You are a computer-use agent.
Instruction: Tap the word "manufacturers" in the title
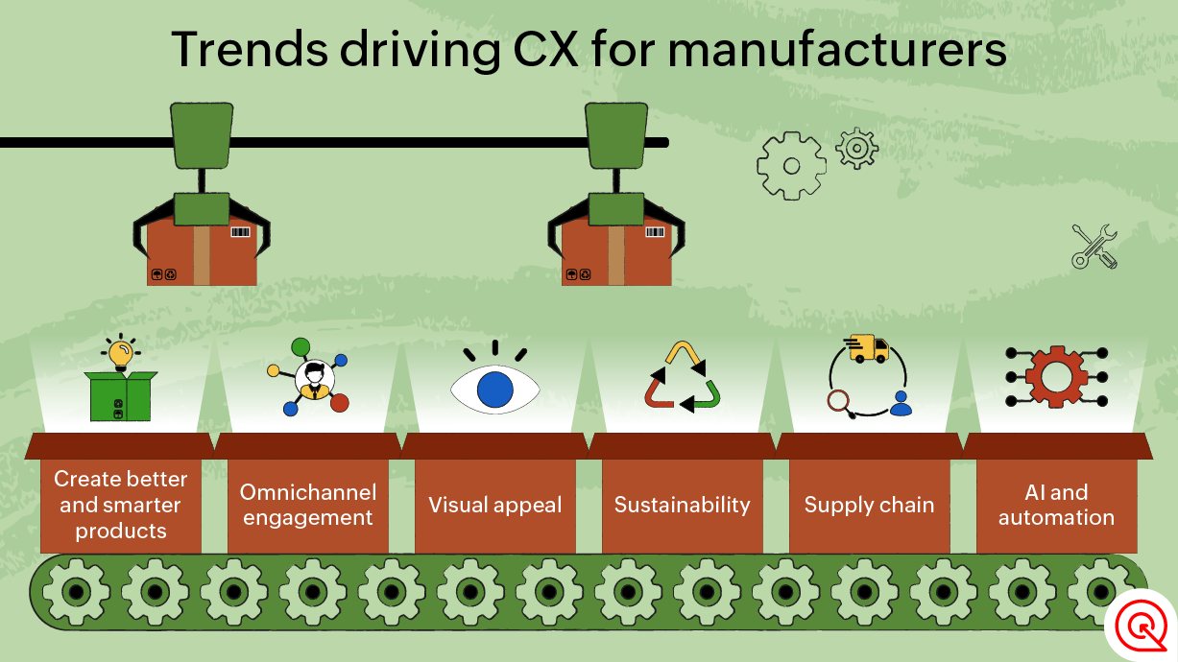click(x=837, y=50)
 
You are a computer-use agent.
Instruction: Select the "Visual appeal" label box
click(x=495, y=506)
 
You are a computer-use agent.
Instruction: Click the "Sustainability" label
click(x=682, y=506)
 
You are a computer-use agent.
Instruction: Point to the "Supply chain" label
click(x=869, y=506)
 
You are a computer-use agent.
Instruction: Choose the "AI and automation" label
click(x=1056, y=506)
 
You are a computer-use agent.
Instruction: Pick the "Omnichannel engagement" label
click(x=307, y=506)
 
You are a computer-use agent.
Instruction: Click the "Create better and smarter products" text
click(x=121, y=506)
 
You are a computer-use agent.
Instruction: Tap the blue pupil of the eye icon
click(x=495, y=390)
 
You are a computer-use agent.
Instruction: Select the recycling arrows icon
click(x=683, y=378)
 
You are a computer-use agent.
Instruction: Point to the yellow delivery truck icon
click(x=867, y=348)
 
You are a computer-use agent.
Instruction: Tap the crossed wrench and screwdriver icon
click(x=1094, y=246)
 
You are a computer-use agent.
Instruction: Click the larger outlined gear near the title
click(x=791, y=166)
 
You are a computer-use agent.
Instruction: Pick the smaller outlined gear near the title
click(x=856, y=148)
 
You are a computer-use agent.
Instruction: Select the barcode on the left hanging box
click(x=240, y=232)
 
